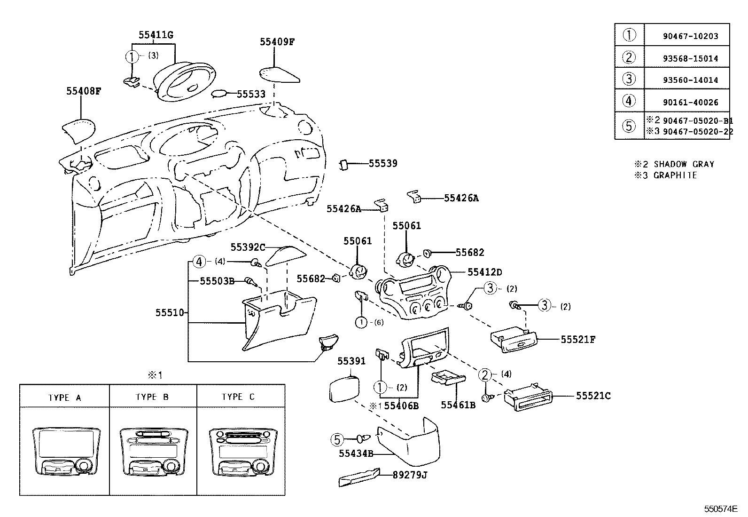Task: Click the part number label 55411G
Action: pos(156,35)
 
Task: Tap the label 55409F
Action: pos(277,41)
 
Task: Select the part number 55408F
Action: pos(83,91)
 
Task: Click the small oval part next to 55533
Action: pos(219,94)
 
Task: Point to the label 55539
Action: pos(382,163)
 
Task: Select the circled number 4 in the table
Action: pos(629,101)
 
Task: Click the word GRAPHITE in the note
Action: pos(675,175)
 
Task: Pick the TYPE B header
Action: pos(152,397)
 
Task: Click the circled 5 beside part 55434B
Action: pos(337,440)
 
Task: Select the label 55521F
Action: pos(577,339)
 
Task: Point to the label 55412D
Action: pos(484,272)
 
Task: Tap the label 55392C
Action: pos(248,247)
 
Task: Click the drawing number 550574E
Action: pos(720,509)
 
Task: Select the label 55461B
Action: pos(458,405)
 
